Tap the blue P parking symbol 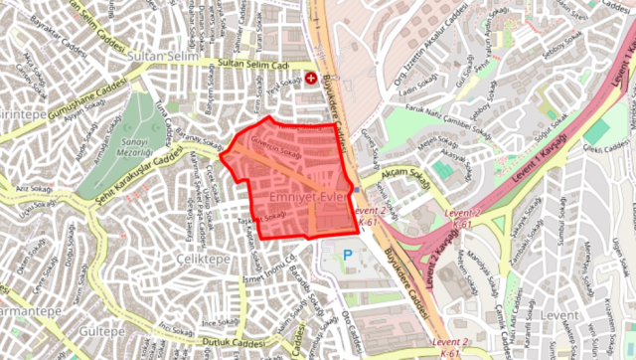[347, 255]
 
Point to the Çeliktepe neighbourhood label [200, 258]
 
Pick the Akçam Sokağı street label [402, 173]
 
